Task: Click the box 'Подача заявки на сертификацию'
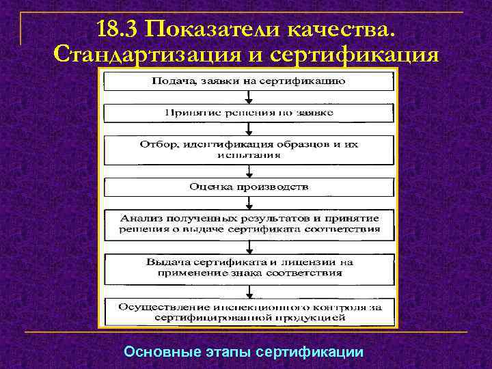point(248,81)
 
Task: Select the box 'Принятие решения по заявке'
point(248,112)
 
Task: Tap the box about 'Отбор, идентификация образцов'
point(248,150)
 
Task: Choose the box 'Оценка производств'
point(248,186)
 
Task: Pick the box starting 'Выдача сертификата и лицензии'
point(248,266)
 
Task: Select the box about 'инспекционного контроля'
point(248,312)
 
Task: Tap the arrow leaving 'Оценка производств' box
point(249,202)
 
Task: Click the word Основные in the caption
point(161,352)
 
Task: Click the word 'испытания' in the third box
point(249,155)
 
